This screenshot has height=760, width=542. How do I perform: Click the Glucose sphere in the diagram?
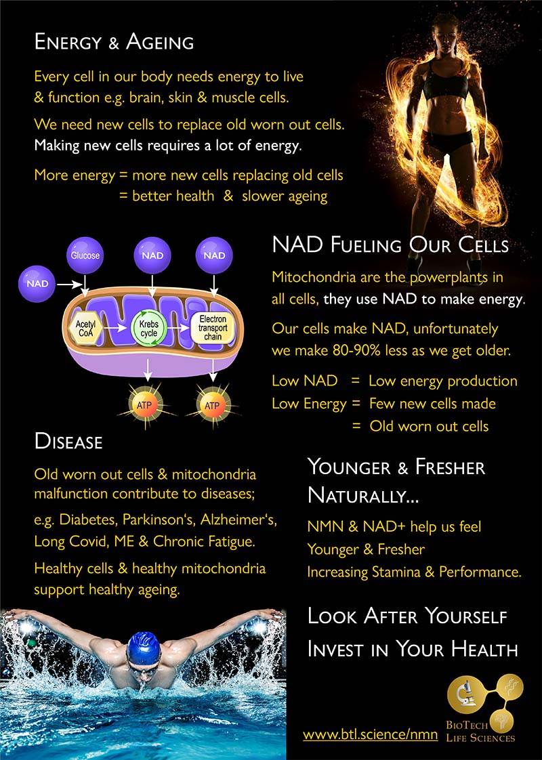(x=85, y=255)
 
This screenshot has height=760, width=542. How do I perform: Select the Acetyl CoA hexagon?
(x=86, y=328)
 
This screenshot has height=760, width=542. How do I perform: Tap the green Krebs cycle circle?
(x=149, y=329)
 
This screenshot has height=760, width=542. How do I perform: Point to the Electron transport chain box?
(x=213, y=327)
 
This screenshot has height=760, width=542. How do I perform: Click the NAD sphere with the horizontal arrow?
(x=37, y=284)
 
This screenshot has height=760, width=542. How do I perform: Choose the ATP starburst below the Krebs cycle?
(x=144, y=405)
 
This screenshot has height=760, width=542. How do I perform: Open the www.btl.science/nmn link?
(x=371, y=734)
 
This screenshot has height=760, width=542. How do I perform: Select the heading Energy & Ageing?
(x=114, y=42)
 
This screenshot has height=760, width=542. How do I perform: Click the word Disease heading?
(x=68, y=441)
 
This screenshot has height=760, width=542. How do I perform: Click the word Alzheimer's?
(x=238, y=520)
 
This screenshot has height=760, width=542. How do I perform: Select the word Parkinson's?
(x=159, y=520)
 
